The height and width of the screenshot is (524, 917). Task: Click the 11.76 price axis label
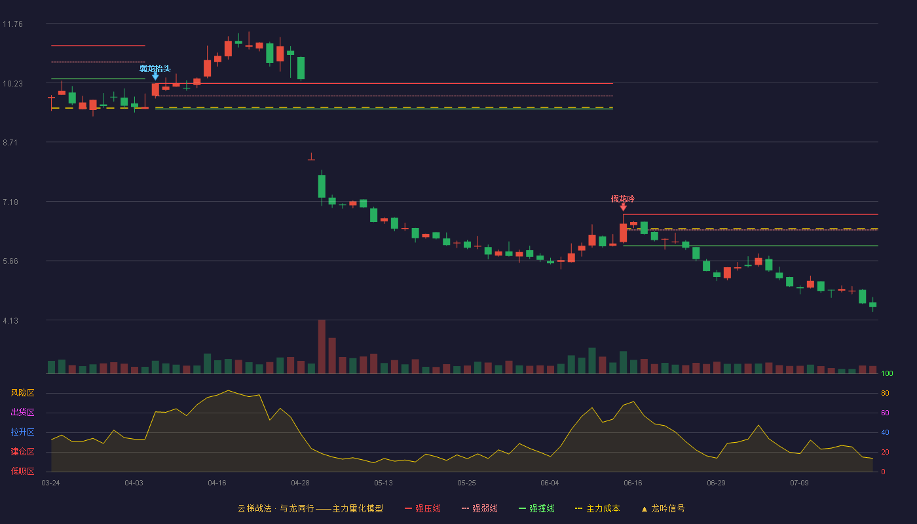12,24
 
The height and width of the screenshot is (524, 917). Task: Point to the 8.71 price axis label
10,143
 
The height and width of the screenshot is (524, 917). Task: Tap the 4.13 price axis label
10,320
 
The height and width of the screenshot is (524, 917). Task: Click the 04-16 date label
217,483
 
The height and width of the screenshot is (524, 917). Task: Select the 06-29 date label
716,483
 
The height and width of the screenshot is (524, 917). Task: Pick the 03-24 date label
51,483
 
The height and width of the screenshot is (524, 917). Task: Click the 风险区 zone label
22,393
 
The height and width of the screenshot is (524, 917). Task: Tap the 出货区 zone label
22,412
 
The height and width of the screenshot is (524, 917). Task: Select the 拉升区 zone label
22,432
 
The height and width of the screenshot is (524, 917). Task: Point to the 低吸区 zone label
22,471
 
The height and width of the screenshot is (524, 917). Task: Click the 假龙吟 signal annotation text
623,199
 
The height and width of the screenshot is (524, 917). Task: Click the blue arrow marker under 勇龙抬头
155,77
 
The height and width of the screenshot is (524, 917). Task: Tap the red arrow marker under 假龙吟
623,207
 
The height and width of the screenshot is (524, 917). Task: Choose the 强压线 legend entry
422,508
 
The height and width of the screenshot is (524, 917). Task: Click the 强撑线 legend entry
536,508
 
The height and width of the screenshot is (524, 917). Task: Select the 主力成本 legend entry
597,508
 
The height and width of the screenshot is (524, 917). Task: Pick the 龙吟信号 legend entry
663,508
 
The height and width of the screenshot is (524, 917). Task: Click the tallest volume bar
322,346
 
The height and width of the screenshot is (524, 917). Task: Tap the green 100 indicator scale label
887,373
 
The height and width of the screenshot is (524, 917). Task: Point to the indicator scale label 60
885,413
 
